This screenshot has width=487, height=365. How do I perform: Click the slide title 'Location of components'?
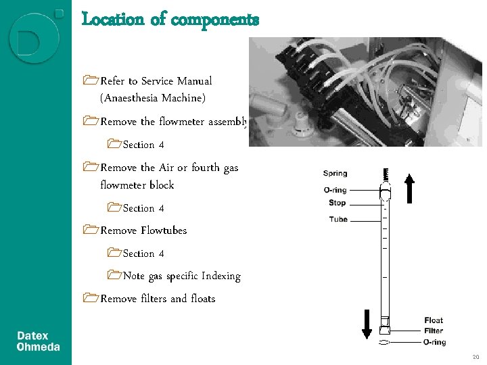[170, 20]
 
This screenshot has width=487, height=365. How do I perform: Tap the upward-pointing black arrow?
[409, 189]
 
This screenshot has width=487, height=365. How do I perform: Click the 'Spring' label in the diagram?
[335, 174]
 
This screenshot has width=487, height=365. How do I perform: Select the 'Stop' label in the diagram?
[337, 203]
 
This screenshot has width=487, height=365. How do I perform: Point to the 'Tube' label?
[338, 219]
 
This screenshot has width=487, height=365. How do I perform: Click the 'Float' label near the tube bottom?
[434, 320]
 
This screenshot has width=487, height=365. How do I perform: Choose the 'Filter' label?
[434, 331]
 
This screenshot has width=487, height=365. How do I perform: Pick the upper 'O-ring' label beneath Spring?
[335, 190]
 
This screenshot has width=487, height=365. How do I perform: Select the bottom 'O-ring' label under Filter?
[434, 343]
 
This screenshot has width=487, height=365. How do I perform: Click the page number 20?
[476, 357]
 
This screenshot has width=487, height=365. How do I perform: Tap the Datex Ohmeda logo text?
[39, 341]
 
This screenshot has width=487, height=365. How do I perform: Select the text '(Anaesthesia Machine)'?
[152, 99]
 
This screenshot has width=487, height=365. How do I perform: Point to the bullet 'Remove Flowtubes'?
[143, 230]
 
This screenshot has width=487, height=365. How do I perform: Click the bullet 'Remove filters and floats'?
[158, 299]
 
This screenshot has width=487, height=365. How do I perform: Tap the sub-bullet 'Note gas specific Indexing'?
[181, 276]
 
